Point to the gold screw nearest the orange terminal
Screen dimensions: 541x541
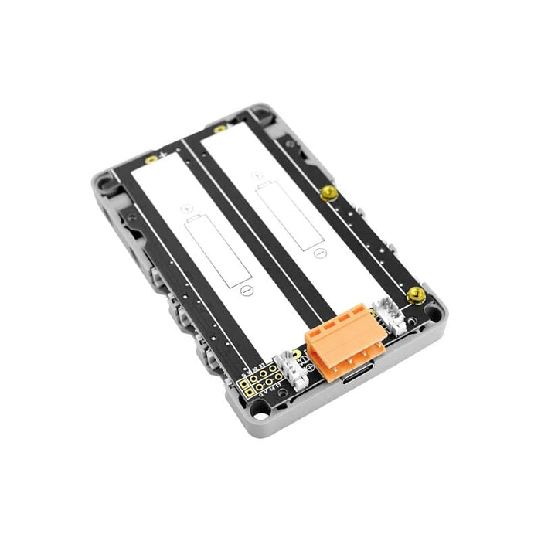[x=416, y=294]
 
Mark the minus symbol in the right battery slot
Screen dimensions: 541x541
[x=318, y=252]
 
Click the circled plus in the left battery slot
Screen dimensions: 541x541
[x=188, y=207]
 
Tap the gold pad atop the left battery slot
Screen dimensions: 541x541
[x=151, y=159]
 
